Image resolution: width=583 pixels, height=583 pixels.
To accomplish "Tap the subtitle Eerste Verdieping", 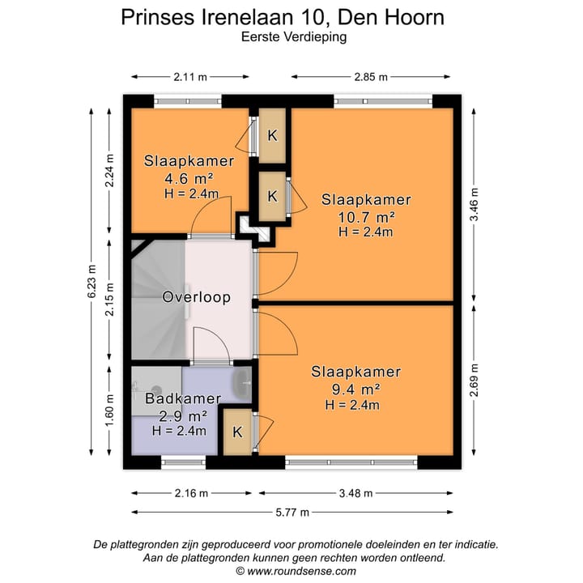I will point(293,37).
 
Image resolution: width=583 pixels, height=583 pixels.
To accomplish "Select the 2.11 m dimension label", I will point(190,77).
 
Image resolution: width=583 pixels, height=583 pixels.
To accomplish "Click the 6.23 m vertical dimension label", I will point(91,283).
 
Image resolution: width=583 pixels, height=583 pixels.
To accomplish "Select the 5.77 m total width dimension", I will point(294,512).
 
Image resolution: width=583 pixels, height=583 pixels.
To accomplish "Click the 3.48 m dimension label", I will point(356,493).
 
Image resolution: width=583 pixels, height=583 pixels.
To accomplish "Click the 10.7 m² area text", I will point(366,216).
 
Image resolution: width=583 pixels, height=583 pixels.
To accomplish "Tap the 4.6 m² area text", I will point(189,178).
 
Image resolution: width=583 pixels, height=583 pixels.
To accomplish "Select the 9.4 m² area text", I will point(355,389).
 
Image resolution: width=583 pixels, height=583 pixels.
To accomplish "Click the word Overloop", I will point(196,297).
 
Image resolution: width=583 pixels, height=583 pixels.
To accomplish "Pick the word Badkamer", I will point(183,398).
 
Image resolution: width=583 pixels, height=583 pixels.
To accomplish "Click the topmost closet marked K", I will point(273,134).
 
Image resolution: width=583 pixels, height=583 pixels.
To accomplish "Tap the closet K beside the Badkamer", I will point(237,432).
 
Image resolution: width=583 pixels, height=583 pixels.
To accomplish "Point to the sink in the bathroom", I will point(242,382).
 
